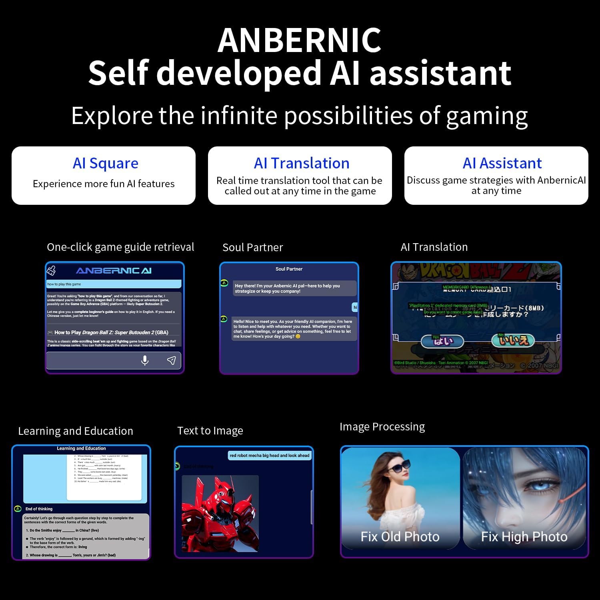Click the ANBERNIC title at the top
299,40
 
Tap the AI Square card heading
105,163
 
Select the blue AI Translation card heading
301,163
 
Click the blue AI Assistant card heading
502,163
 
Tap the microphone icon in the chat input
145,360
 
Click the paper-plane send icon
171,360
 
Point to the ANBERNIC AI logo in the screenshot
114,271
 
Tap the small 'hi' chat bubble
355,307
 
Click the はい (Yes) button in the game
442,341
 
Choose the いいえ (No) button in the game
513,340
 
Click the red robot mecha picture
220,513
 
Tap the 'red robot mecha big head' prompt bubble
269,455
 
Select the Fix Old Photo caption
400,536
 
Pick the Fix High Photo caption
524,536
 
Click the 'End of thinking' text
39,509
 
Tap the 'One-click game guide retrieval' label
120,247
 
